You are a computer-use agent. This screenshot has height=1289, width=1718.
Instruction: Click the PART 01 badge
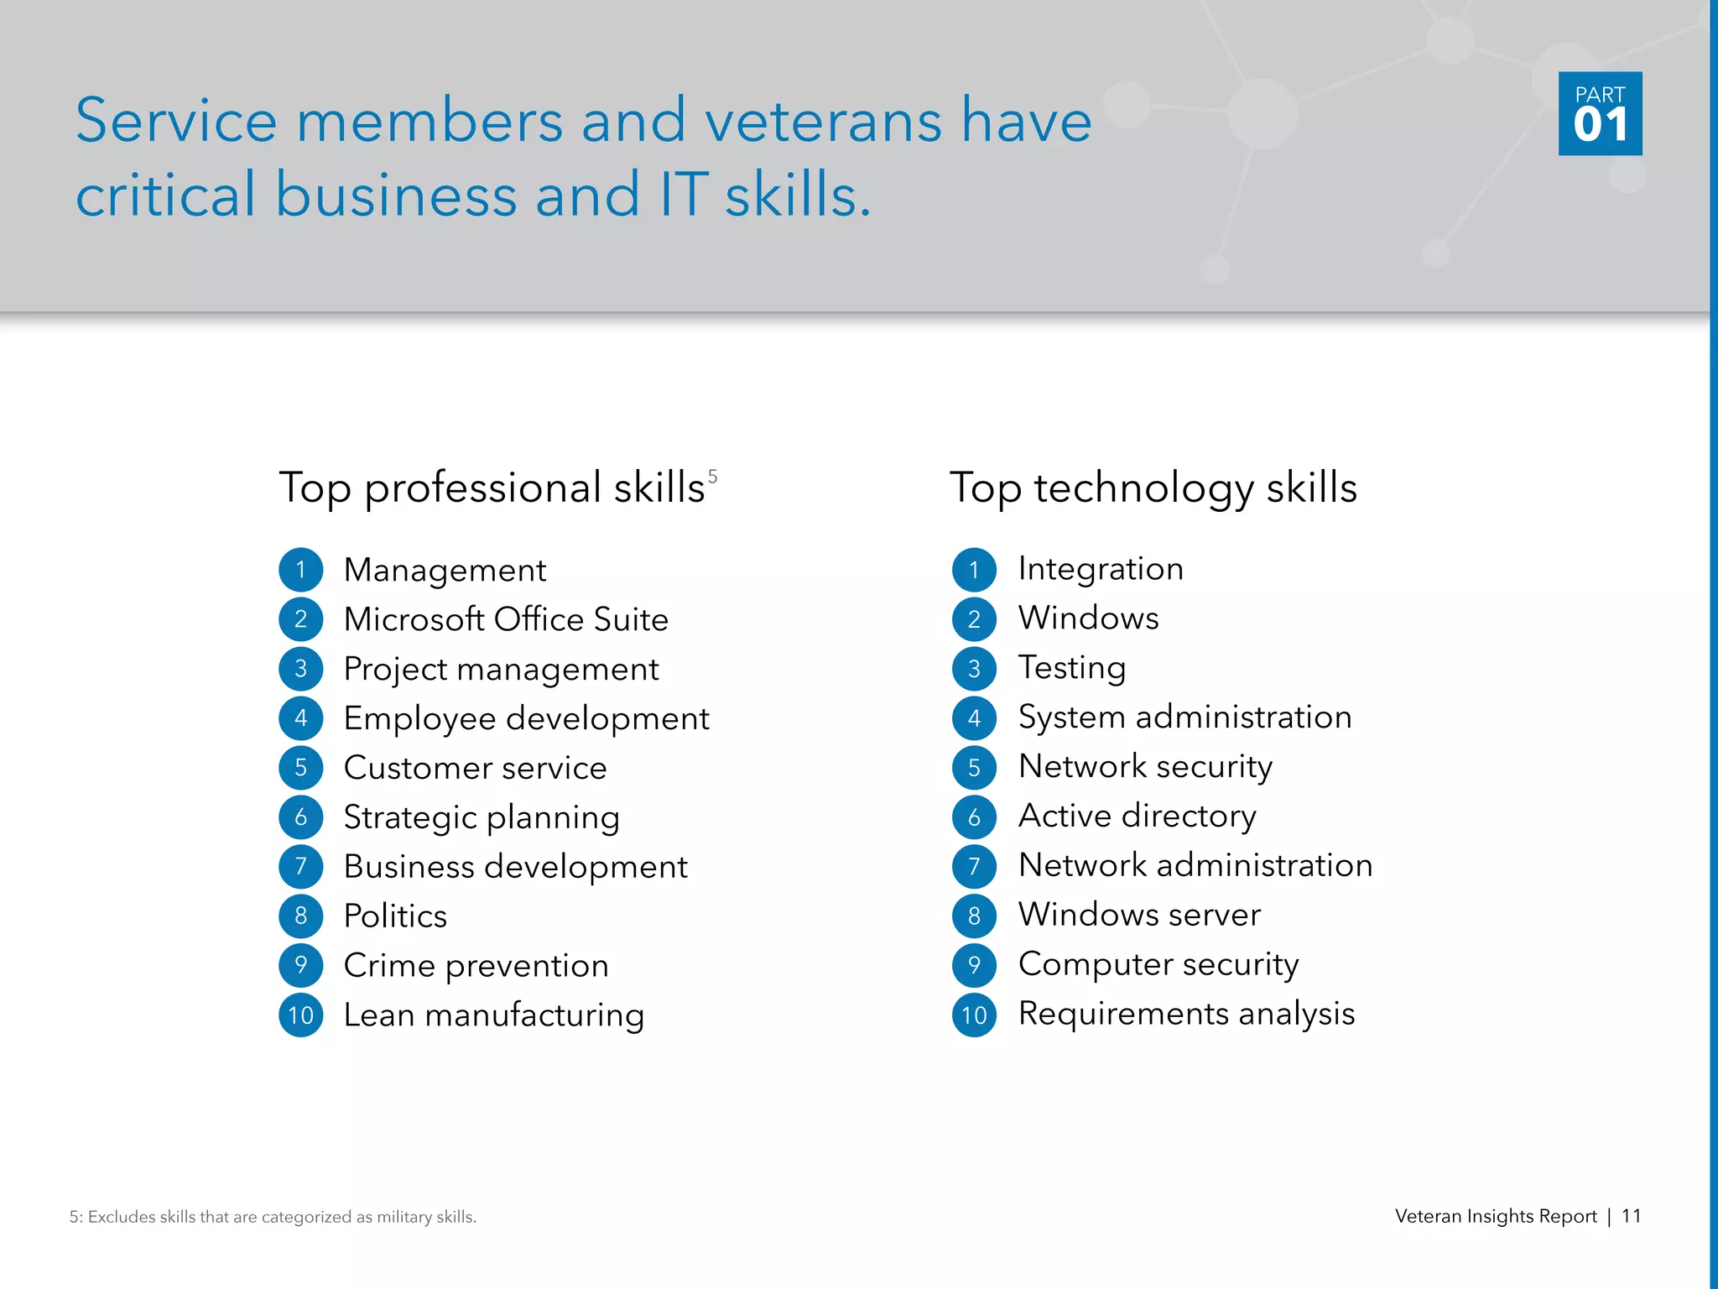[x=1600, y=113]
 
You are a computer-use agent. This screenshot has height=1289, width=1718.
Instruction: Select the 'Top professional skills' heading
[x=492, y=488]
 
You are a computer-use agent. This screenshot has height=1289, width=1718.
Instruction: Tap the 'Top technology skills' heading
[x=1153, y=488]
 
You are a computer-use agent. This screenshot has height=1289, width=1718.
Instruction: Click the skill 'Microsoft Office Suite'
[x=506, y=619]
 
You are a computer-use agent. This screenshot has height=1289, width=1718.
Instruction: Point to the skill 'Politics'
[x=395, y=916]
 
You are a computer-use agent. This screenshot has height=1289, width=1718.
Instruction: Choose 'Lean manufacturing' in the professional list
[x=494, y=1015]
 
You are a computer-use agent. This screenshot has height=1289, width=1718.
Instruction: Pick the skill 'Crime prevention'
[x=476, y=965]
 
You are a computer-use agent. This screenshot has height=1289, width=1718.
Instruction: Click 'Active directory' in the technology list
[x=1137, y=816]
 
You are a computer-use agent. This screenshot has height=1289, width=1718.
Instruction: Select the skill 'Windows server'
[x=1139, y=915]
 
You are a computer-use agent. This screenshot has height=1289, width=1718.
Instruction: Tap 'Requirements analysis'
[x=1186, y=1014]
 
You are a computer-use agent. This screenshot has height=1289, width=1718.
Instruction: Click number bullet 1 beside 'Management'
[x=301, y=570]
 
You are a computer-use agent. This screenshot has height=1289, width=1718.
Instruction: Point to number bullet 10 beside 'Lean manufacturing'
[x=301, y=1015]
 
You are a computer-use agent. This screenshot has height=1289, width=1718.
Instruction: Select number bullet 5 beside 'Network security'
[x=974, y=767]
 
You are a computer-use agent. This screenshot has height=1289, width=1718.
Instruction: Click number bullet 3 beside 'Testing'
[x=974, y=669]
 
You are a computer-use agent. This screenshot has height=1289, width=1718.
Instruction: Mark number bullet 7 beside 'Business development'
[x=301, y=866]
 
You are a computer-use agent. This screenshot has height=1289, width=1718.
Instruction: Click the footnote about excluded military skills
[x=273, y=1217]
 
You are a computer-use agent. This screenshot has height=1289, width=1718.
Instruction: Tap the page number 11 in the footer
[x=1631, y=1216]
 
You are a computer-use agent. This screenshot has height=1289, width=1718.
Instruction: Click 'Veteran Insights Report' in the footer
[x=1496, y=1216]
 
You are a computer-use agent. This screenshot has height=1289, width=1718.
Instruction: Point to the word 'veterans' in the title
[x=823, y=121]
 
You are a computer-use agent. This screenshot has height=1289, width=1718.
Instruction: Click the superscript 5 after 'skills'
[x=712, y=477]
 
